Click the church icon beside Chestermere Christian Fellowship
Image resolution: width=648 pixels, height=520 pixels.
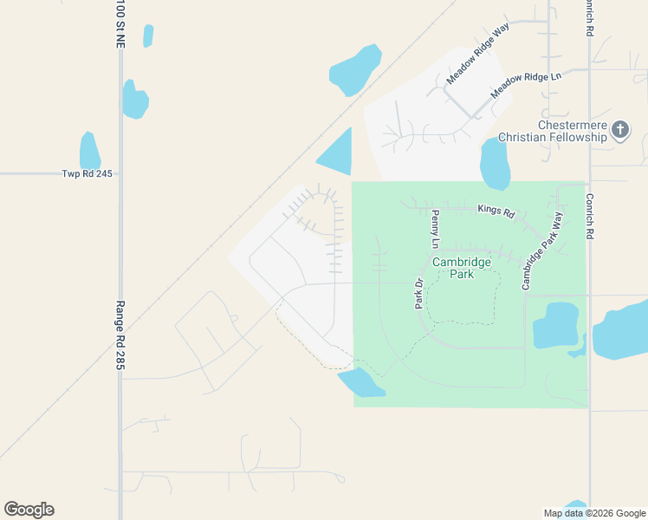pos(620,130)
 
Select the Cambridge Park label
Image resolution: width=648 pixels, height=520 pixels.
pos(462,268)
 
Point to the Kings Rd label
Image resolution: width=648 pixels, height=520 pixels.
pos(496,211)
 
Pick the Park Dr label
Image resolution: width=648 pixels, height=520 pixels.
pos(418,292)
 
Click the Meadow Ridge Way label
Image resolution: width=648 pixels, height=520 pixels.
pos(477,54)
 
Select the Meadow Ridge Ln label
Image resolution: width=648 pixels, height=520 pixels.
pos(526,85)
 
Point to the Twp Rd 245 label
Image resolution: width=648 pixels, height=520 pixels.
pos(87,173)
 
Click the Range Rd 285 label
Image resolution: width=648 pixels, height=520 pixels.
pos(120,335)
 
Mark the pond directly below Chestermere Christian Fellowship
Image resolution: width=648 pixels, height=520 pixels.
pos(495,163)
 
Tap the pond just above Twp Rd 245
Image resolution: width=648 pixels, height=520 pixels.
pos(89,151)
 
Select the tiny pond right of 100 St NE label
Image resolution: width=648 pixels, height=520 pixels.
pos(148,36)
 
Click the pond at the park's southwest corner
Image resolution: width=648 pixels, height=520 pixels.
pos(360,382)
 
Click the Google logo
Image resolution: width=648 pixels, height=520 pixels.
pos(29,510)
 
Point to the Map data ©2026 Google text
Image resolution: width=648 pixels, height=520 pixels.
pos(594,513)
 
